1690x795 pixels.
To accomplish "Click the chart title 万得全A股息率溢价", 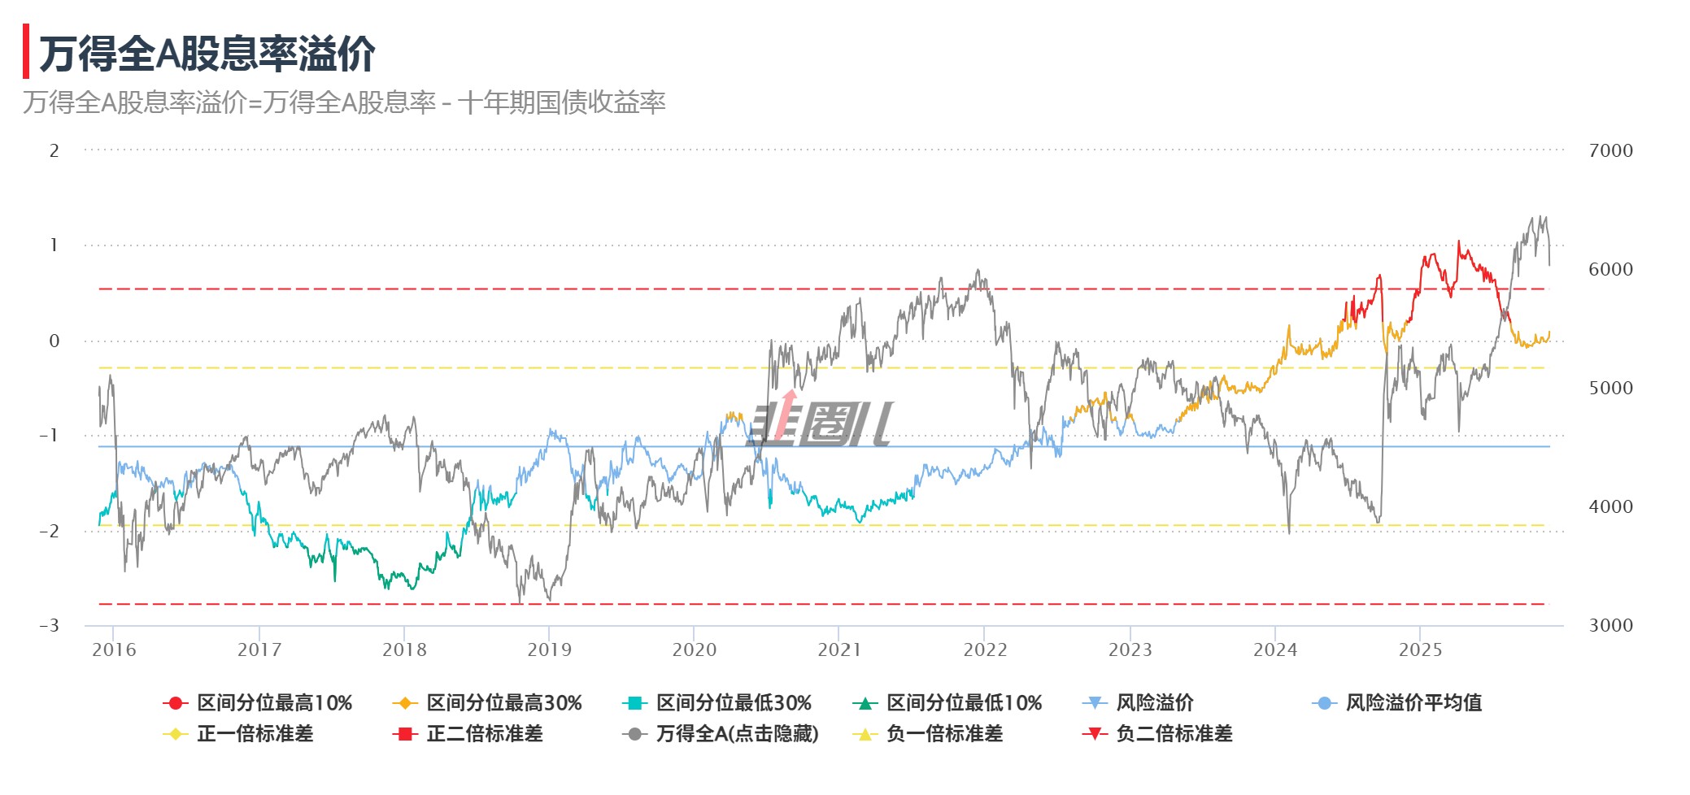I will tap(207, 54).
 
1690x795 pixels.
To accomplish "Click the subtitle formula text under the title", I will tap(344, 102).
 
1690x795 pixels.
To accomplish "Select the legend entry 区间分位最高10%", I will tap(259, 703).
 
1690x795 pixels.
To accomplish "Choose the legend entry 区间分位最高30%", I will tap(488, 703).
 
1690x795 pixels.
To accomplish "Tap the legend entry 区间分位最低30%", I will tap(718, 703).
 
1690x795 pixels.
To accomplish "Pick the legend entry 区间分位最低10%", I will tap(948, 703).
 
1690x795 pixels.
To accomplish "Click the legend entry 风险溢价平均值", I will tap(1398, 703).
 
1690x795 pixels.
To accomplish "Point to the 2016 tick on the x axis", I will tap(114, 650).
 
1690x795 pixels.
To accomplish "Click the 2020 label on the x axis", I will tap(694, 650).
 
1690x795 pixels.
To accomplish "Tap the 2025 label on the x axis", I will tap(1420, 650).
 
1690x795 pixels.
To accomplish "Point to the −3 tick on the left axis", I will tap(50, 625).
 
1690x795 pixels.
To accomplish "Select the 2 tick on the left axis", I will tap(54, 150).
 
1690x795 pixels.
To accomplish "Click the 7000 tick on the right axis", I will tap(1610, 150).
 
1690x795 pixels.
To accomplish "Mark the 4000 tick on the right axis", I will tap(1610, 506).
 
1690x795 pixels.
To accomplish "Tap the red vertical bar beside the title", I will tap(26, 51).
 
